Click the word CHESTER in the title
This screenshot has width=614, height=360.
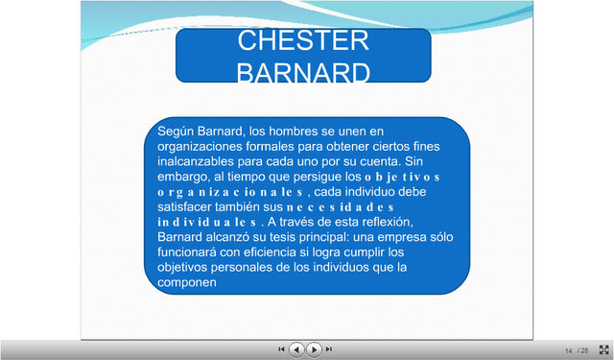coord(303,40)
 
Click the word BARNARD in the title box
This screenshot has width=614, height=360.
coord(303,74)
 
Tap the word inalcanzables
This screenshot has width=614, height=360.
coord(196,161)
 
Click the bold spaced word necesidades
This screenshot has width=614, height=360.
coord(341,206)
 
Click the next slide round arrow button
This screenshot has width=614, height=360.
coord(314,349)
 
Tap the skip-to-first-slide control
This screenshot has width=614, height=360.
coord(281,349)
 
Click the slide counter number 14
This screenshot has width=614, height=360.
coord(568,350)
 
